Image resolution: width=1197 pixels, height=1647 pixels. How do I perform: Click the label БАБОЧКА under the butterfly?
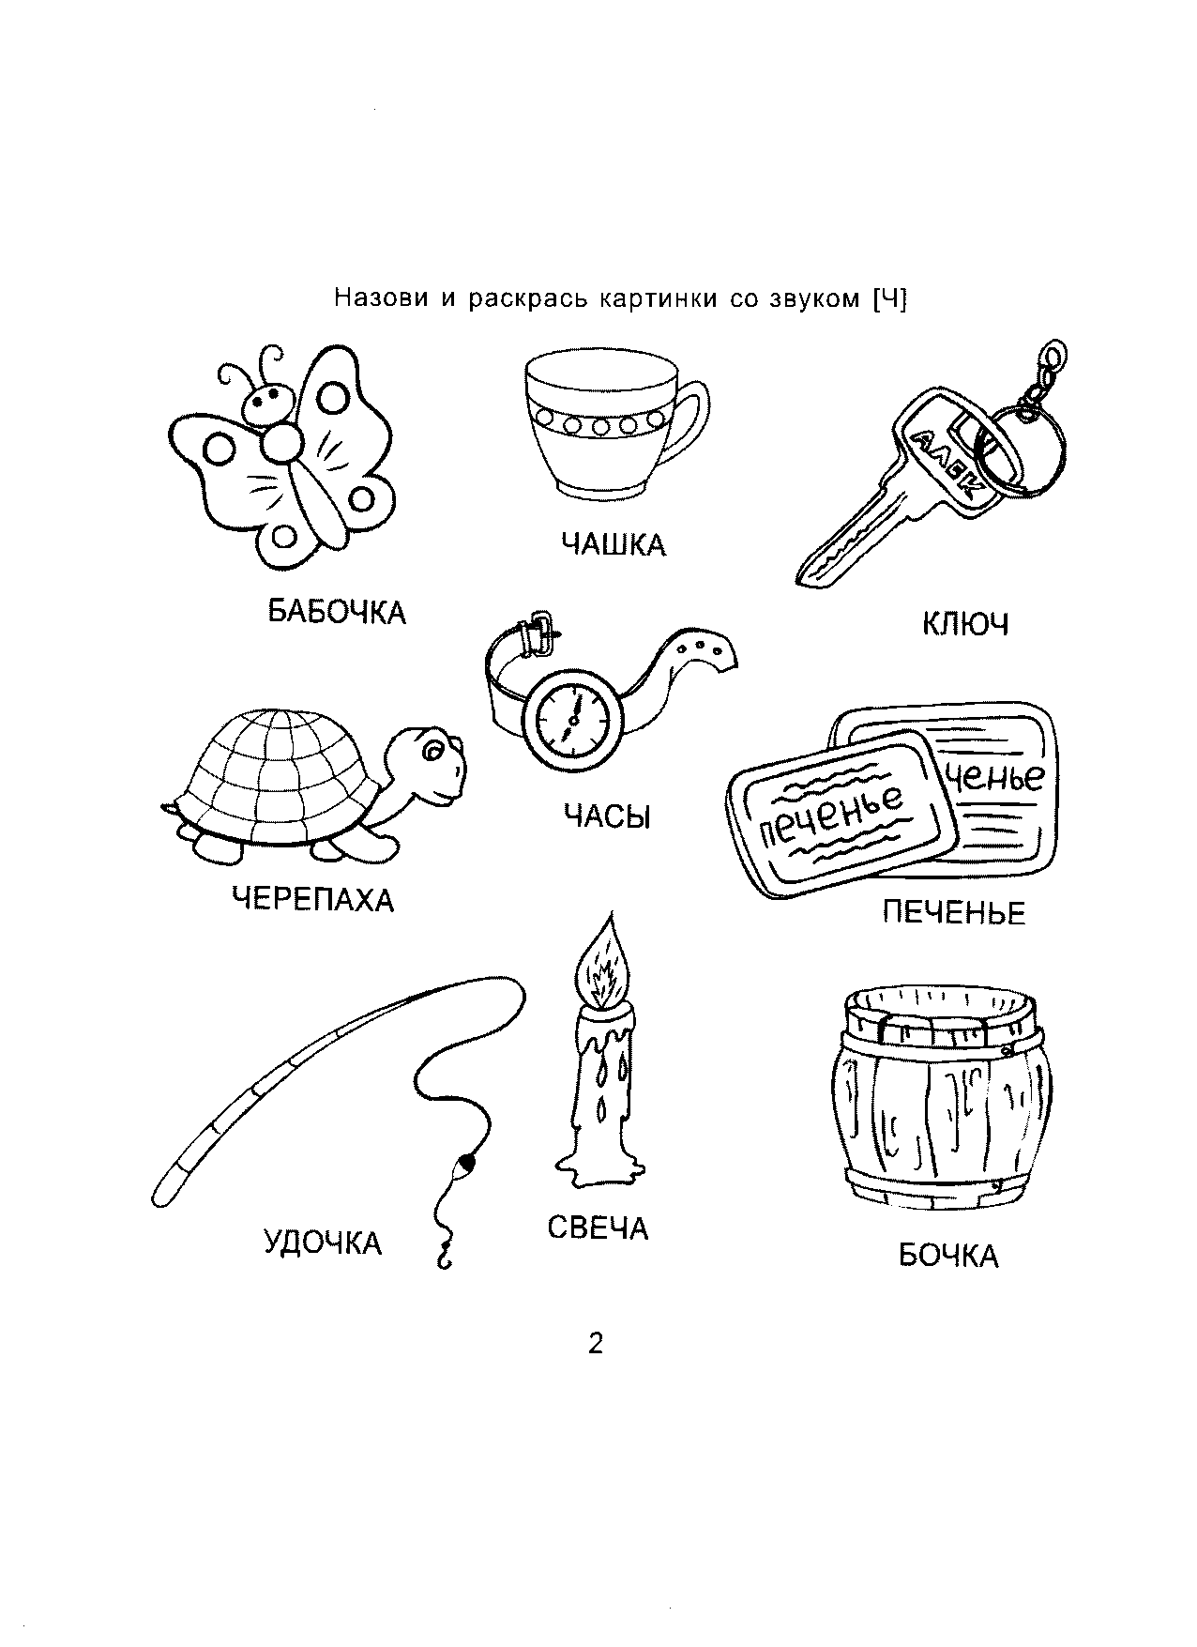pyautogui.click(x=337, y=613)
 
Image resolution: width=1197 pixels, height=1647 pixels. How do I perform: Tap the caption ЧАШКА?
pyautogui.click(x=614, y=544)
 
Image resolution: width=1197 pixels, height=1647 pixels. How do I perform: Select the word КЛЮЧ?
pyautogui.click(x=965, y=624)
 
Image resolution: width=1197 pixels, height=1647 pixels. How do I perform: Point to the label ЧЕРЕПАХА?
pyautogui.click(x=313, y=901)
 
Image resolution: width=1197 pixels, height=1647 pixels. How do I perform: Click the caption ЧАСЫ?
pyautogui.click(x=607, y=816)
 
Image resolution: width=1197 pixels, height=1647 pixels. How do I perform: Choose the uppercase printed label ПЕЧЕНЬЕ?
pyautogui.click(x=954, y=912)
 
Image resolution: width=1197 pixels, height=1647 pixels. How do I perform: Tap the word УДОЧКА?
pyautogui.click(x=323, y=1243)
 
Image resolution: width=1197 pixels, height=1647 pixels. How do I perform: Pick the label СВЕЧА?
pyautogui.click(x=598, y=1228)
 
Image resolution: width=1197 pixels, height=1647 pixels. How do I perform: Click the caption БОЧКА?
pyautogui.click(x=948, y=1256)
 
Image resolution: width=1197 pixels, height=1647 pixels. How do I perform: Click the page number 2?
pyautogui.click(x=596, y=1344)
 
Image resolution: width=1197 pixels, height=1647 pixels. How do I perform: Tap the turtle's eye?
pyautogui.click(x=435, y=750)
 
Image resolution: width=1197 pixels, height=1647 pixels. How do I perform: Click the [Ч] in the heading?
pyautogui.click(x=889, y=299)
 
